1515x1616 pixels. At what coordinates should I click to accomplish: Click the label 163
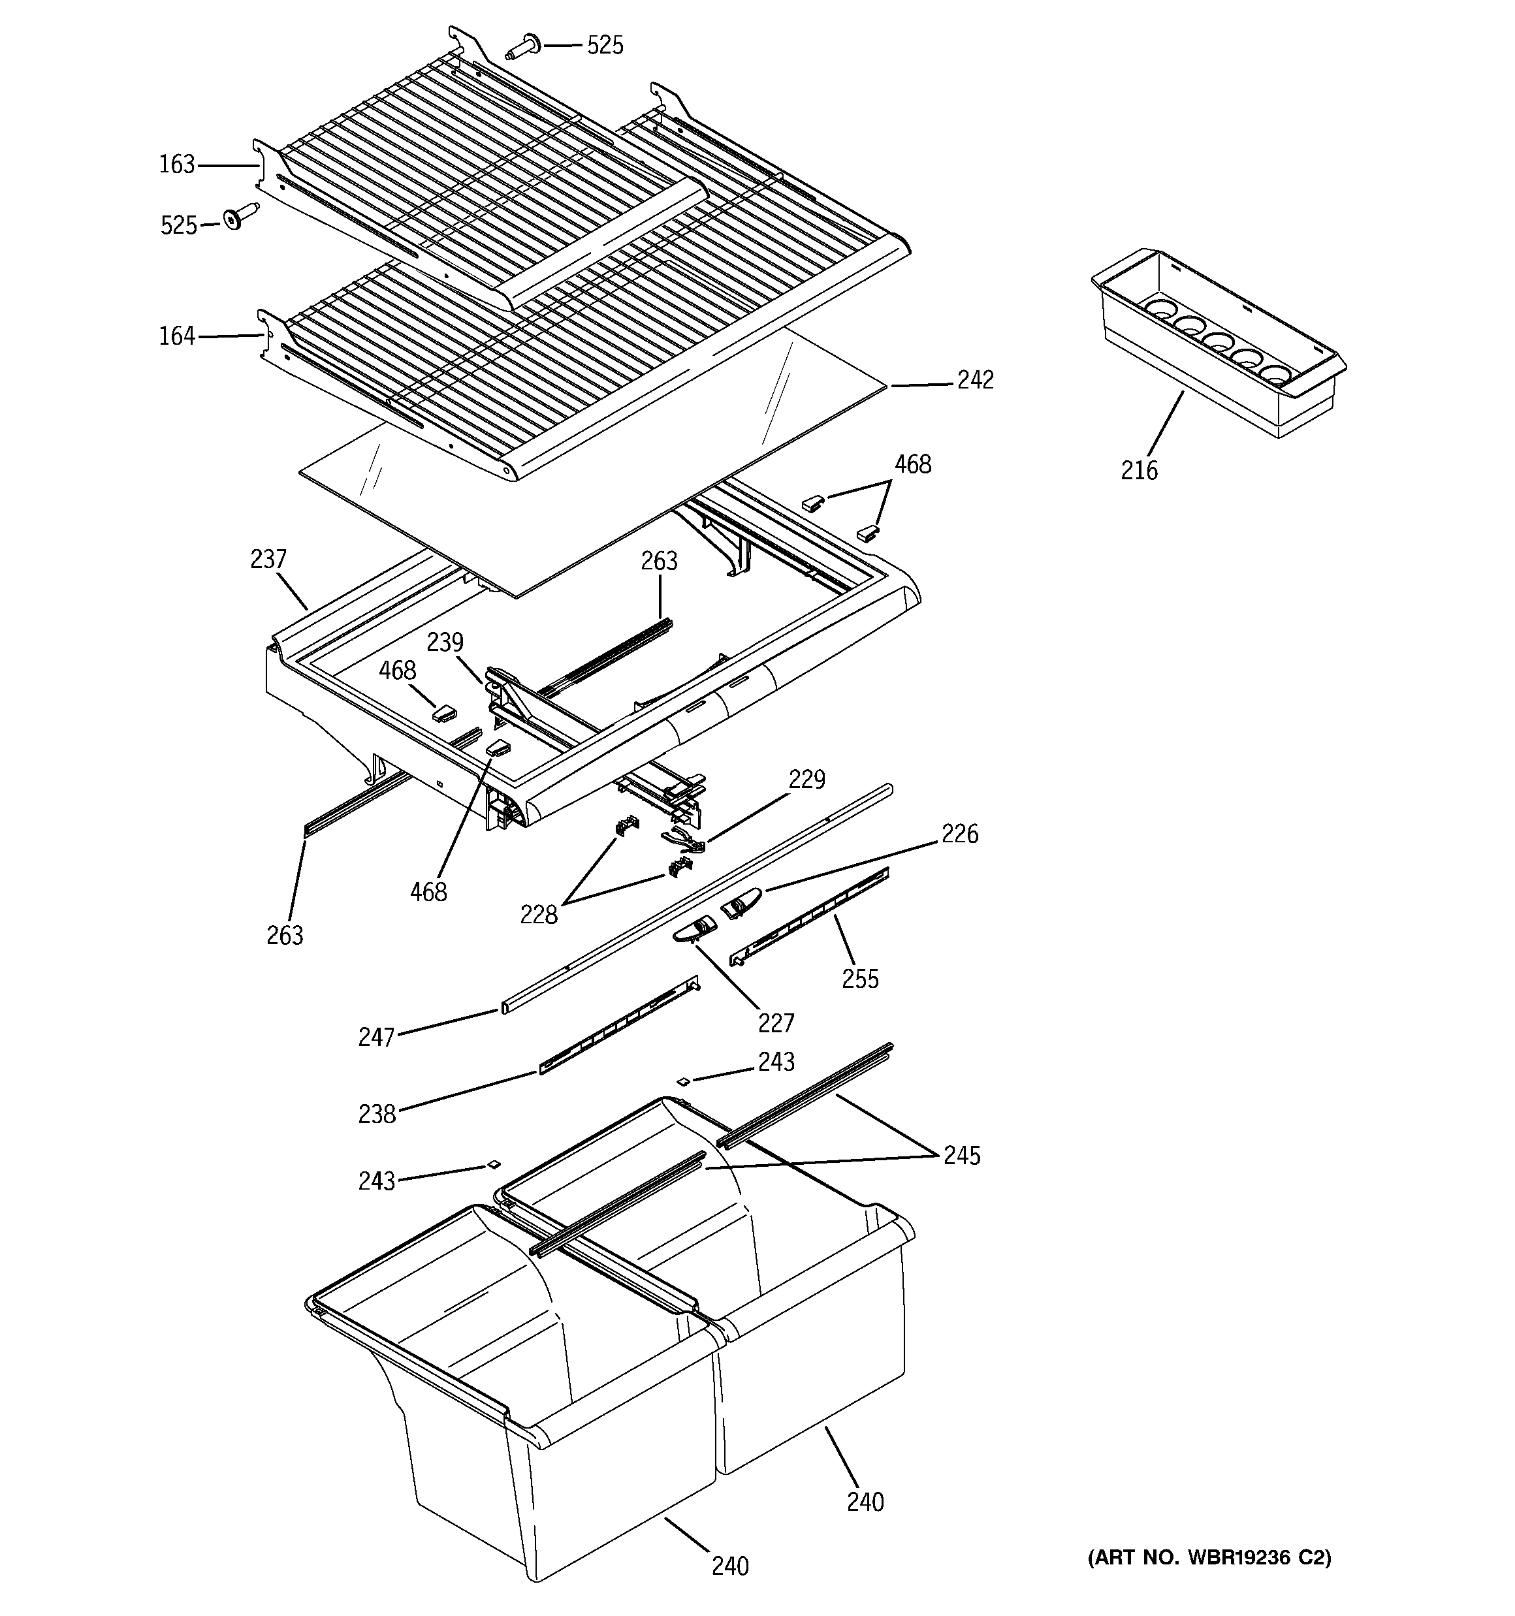pyautogui.click(x=176, y=165)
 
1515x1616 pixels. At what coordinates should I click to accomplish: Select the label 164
pyautogui.click(x=176, y=336)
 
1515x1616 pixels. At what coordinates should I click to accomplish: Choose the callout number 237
pyautogui.click(x=268, y=560)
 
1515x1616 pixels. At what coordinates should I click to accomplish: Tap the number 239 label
pyautogui.click(x=445, y=642)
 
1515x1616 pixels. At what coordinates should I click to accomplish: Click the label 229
pyautogui.click(x=806, y=780)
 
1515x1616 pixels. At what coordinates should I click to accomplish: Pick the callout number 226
pyautogui.click(x=959, y=834)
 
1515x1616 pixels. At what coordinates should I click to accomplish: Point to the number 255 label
pyautogui.click(x=861, y=979)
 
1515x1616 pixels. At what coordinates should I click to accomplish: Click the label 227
pyautogui.click(x=776, y=1022)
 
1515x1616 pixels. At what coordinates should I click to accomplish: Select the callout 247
pyautogui.click(x=377, y=1038)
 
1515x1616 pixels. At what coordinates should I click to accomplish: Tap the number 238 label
pyautogui.click(x=377, y=1114)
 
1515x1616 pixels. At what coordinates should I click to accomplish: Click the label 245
pyautogui.click(x=962, y=1155)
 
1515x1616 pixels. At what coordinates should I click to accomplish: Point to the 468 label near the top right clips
pyautogui.click(x=912, y=464)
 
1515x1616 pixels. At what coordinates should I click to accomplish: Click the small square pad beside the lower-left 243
pyautogui.click(x=493, y=1165)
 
